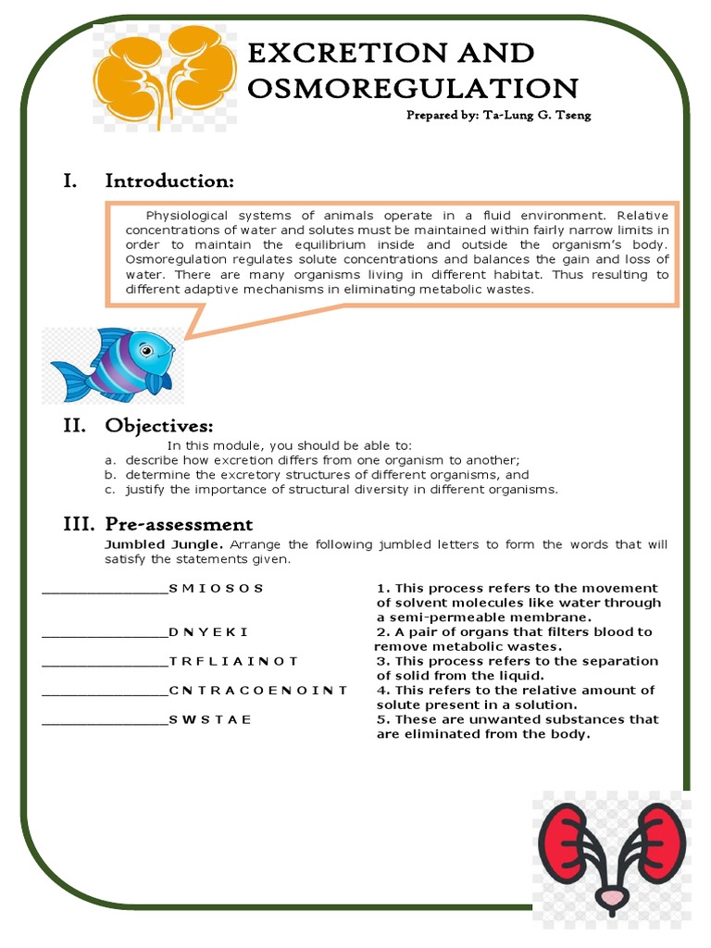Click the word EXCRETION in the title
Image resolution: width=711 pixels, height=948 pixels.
pos(335,53)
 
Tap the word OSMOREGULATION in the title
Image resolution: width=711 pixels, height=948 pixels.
pos(413,89)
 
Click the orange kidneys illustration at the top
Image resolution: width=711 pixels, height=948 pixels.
pos(165,74)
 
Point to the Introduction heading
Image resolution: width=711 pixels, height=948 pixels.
pos(168,181)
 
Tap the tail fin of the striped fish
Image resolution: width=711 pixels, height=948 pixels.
pos(69,380)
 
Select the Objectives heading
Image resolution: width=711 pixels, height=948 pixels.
pos(158,426)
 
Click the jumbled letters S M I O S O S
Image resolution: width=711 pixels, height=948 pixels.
pos(217,588)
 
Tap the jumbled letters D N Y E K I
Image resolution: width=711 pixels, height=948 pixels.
pos(208,632)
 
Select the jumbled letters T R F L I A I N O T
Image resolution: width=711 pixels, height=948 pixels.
pos(234,661)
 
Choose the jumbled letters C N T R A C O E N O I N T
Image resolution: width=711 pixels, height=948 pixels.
pos(258,690)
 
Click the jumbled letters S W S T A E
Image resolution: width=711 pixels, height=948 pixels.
pos(210,719)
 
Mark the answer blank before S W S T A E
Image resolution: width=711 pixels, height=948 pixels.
pos(105,720)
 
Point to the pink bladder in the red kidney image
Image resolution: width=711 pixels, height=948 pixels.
pos(610,897)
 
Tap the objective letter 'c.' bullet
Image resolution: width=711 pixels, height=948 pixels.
pos(109,490)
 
